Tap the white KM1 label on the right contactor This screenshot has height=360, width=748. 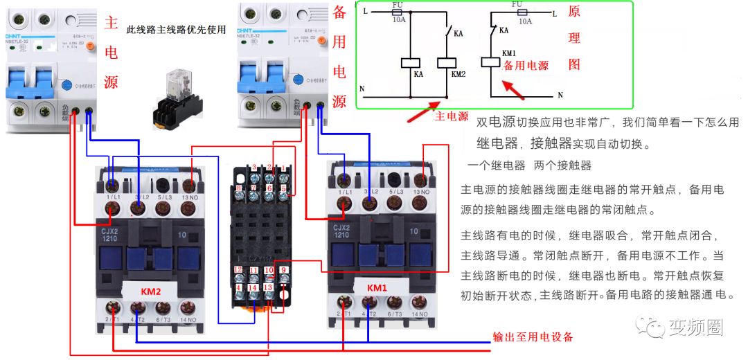coord(377,287)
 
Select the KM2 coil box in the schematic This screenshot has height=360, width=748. coord(445,62)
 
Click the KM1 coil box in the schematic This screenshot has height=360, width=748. coord(492,62)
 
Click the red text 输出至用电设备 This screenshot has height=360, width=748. coord(533,337)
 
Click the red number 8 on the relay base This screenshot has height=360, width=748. coord(239,188)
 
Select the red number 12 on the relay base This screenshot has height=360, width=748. coord(238,269)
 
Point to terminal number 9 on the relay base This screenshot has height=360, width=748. coord(284,270)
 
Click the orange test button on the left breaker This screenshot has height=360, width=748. coord(91,46)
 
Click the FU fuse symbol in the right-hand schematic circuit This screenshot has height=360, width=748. coord(517,12)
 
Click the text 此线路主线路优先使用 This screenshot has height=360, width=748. coord(177,30)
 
